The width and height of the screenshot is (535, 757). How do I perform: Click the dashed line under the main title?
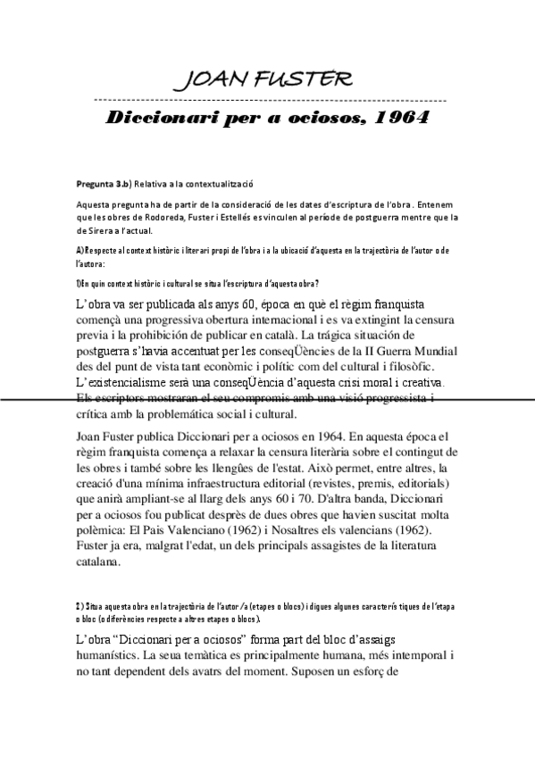268,98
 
